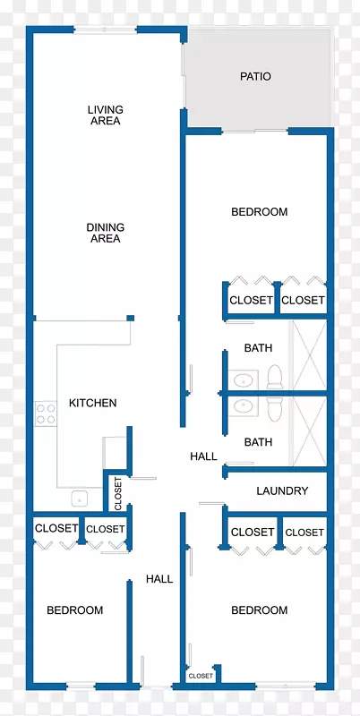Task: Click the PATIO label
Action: [255, 76]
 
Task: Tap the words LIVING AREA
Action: [105, 115]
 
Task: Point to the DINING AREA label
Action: [105, 233]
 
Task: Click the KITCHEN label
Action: [93, 403]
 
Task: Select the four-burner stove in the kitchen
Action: [46, 413]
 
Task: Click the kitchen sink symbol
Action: [80, 499]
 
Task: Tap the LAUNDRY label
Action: [282, 490]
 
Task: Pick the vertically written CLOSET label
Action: [118, 494]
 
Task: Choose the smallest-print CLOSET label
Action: [201, 676]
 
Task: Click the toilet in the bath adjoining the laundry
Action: [275, 409]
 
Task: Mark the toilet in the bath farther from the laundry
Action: [275, 377]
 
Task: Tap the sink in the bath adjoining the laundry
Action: [243, 405]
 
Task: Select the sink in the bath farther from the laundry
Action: [243, 379]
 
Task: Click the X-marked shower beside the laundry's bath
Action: [309, 431]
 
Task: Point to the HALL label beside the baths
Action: [203, 456]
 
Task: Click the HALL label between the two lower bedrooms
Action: [159, 579]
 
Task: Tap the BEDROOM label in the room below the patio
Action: [259, 212]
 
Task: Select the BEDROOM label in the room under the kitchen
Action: [75, 610]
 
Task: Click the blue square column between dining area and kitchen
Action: [130, 318]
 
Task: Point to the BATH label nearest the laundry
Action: [258, 442]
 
